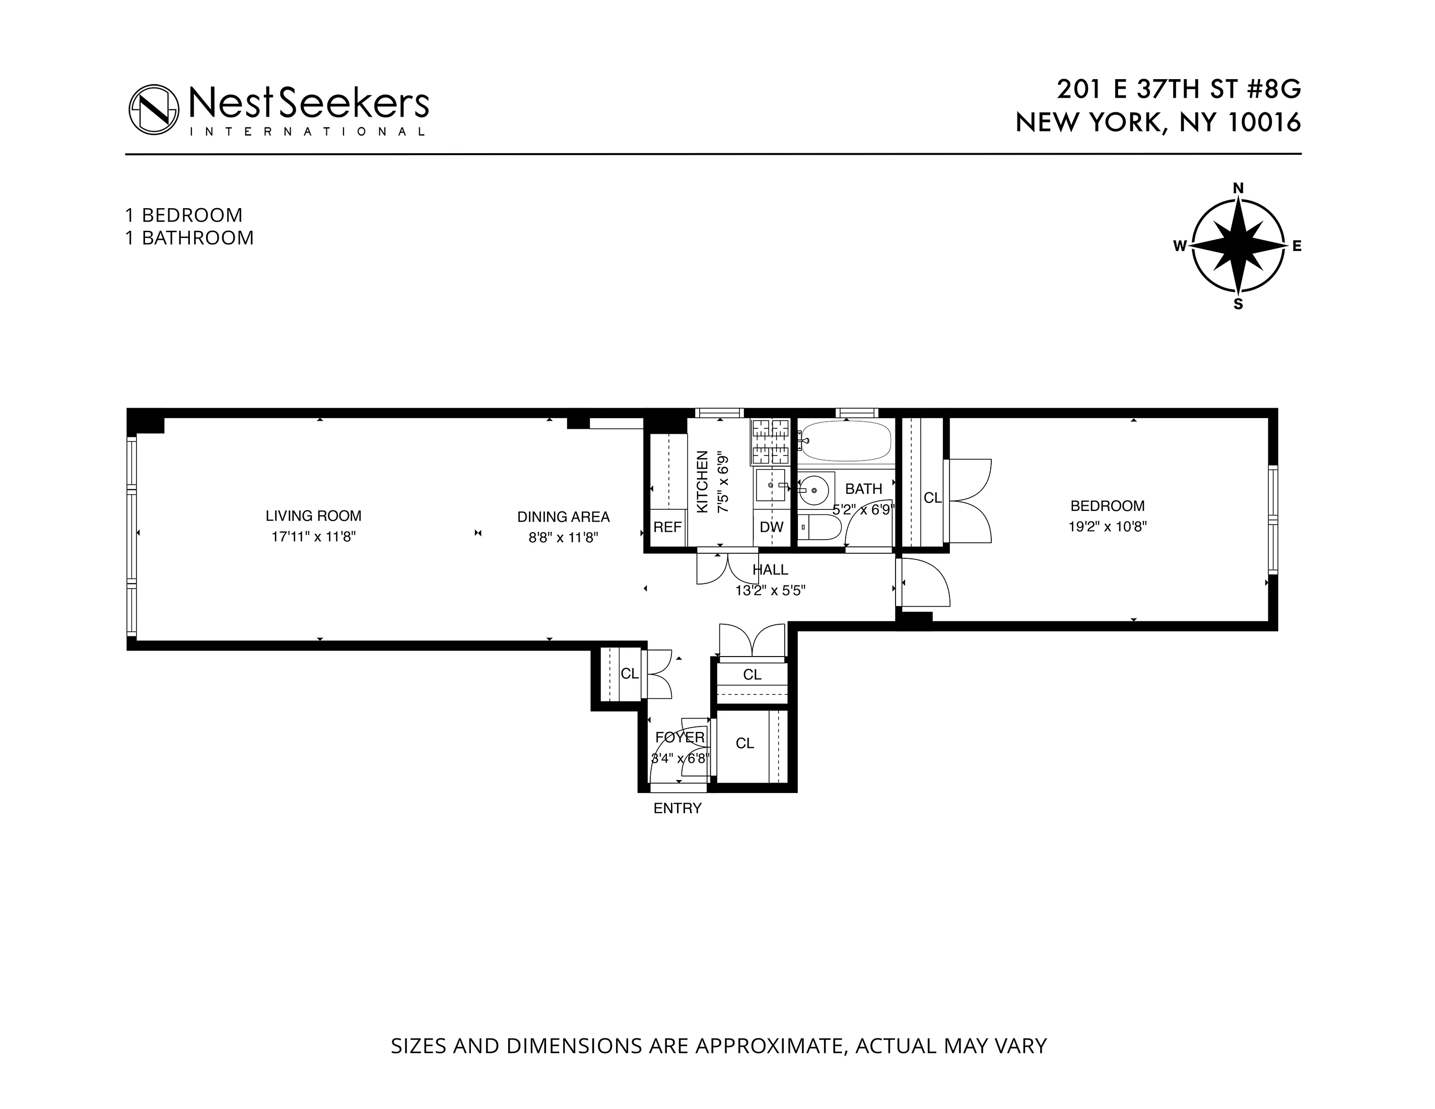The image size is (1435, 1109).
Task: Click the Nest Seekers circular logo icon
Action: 154,110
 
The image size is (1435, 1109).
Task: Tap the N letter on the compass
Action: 1238,188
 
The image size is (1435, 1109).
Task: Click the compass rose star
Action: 1238,246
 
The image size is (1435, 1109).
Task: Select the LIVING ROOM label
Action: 313,516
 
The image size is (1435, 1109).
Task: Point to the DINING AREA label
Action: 563,517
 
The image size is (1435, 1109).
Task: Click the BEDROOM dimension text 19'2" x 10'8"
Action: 1107,526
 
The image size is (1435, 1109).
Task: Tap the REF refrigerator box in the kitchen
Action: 667,527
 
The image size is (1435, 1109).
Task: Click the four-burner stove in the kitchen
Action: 770,441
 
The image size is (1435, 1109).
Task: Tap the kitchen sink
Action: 771,485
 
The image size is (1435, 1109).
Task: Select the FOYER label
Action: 680,738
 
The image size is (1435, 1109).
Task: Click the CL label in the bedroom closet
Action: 932,498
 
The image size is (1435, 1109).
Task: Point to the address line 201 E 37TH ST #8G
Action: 1178,89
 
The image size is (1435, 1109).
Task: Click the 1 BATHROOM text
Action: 189,238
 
